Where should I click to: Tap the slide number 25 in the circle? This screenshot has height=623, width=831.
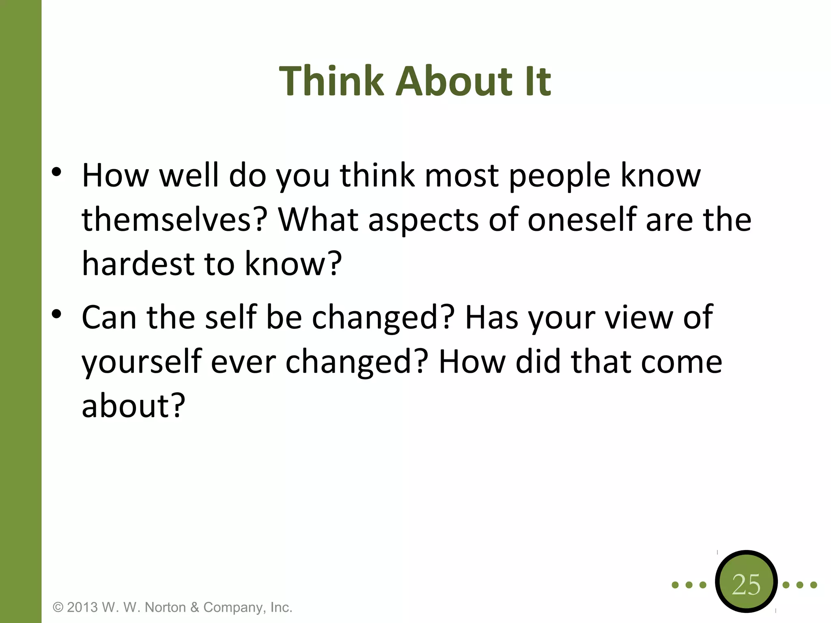746,584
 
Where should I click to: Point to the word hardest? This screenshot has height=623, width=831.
138,264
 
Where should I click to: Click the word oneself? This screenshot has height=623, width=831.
581,219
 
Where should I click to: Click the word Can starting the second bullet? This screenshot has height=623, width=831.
109,317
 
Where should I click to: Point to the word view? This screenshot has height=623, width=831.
639,317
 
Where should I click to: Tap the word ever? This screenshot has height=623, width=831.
243,362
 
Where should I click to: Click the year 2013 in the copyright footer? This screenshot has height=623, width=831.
82,607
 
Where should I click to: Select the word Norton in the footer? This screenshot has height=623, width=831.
166,607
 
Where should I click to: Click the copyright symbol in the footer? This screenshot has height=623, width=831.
58,608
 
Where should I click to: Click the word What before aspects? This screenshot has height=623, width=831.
318,219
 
